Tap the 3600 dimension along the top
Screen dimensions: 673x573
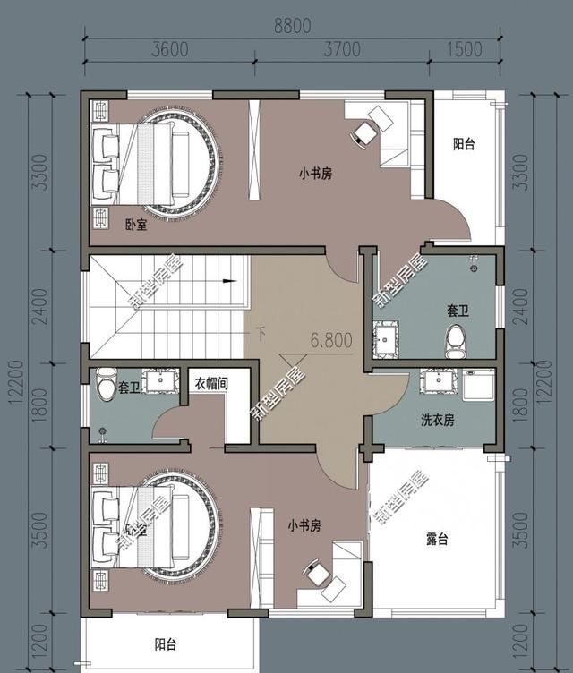170,49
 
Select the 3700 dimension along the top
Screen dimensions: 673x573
343,49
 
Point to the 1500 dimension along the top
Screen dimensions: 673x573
463,49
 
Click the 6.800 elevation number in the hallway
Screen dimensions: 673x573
331,340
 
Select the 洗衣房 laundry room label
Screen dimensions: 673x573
438,419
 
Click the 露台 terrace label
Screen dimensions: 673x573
437,540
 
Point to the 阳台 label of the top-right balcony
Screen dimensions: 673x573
463,144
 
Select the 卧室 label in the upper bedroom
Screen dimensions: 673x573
136,225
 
